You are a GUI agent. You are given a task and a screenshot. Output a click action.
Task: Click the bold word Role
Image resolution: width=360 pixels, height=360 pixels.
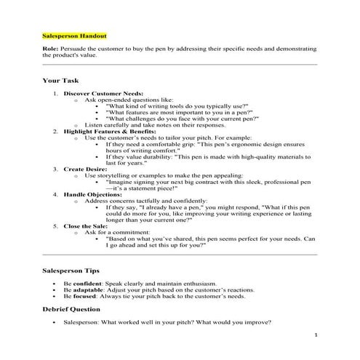50,49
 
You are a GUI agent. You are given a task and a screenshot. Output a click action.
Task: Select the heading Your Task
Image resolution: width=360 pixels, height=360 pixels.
60,81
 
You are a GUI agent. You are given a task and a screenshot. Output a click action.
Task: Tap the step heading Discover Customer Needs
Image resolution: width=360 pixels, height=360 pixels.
103,94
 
